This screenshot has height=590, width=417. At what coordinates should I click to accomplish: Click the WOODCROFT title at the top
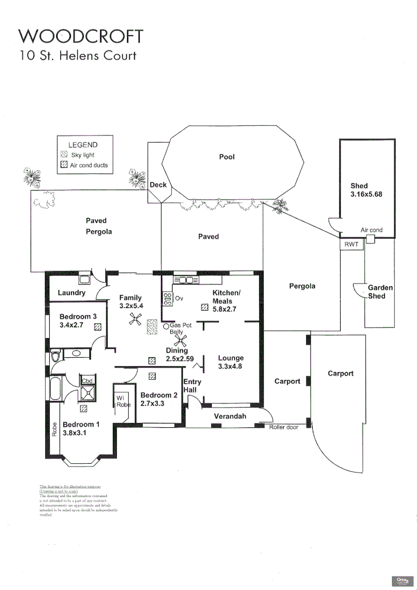click(x=81, y=36)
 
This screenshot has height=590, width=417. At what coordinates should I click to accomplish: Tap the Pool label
click(x=227, y=157)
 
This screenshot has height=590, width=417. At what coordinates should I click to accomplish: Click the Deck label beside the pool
click(x=158, y=185)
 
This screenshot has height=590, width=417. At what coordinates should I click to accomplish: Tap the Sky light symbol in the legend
click(x=64, y=155)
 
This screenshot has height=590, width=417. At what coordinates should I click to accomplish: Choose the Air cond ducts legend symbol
click(x=64, y=164)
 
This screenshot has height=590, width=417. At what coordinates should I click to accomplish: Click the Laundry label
click(x=72, y=293)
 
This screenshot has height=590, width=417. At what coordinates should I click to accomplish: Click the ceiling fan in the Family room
click(x=134, y=321)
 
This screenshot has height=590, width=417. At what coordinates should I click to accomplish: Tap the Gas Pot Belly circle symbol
click(x=166, y=326)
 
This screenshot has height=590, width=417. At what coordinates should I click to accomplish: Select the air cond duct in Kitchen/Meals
click(x=205, y=308)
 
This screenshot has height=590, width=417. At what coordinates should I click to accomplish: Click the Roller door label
click(x=284, y=427)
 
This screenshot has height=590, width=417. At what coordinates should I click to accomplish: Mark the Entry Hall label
click(x=192, y=386)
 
